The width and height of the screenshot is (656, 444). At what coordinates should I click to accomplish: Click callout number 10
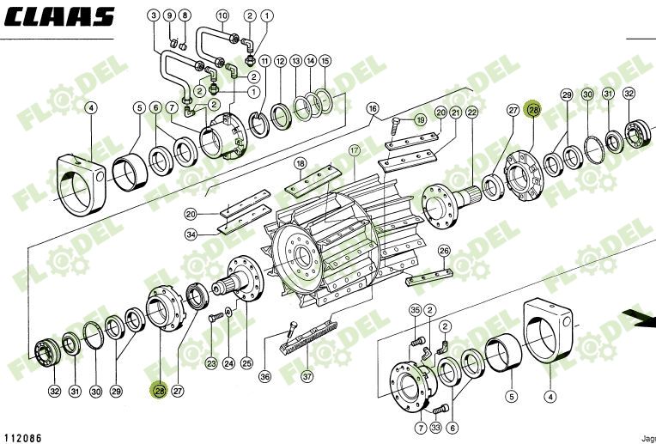(222, 15)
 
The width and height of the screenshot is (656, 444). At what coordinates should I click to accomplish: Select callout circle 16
(373, 109)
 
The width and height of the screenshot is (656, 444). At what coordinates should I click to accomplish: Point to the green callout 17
(353, 149)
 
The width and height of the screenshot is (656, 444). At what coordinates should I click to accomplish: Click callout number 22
(471, 113)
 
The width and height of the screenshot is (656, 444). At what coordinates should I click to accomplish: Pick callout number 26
(444, 251)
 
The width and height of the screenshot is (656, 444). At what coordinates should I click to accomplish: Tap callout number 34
(191, 234)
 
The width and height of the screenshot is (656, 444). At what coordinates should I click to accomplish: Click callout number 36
(265, 375)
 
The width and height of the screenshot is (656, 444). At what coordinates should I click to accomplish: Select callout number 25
(246, 362)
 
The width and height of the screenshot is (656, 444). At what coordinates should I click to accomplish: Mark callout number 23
(210, 364)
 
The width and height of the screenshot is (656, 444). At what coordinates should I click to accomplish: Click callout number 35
(416, 310)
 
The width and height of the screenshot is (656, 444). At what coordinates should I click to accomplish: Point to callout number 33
(436, 428)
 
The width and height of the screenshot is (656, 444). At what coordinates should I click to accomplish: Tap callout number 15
(325, 61)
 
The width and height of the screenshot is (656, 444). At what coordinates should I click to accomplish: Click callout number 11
(264, 61)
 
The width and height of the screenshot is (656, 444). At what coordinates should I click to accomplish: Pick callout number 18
(301, 163)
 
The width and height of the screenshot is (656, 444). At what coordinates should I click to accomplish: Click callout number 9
(168, 15)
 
